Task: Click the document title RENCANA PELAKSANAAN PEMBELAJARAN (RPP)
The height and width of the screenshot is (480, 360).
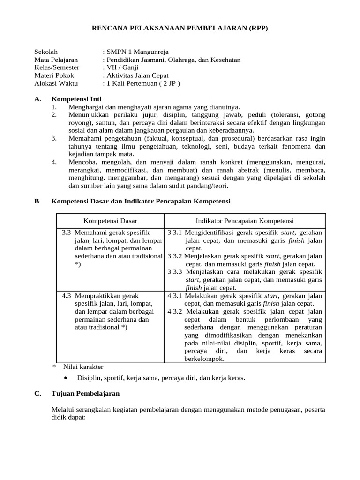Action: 180,29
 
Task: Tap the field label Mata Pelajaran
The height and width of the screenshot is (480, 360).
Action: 56,60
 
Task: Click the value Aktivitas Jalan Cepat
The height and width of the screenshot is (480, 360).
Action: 137,75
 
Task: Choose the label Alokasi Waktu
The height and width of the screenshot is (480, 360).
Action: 56,83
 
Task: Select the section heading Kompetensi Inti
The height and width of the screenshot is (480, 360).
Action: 76,99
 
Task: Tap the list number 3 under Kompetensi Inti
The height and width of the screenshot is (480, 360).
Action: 54,138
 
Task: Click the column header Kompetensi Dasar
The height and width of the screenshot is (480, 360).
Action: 110,221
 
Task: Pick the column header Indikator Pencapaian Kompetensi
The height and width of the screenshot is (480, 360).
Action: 245,221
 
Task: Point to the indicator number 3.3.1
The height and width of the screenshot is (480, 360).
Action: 175,232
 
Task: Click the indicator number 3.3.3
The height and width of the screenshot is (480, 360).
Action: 175,271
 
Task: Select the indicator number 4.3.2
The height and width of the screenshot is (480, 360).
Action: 175,311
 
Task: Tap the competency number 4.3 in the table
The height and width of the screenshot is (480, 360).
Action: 67,296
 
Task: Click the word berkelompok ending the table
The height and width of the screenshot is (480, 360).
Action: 204,359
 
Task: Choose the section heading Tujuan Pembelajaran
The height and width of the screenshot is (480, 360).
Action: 85,393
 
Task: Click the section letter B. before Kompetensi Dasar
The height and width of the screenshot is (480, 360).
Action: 37,201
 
